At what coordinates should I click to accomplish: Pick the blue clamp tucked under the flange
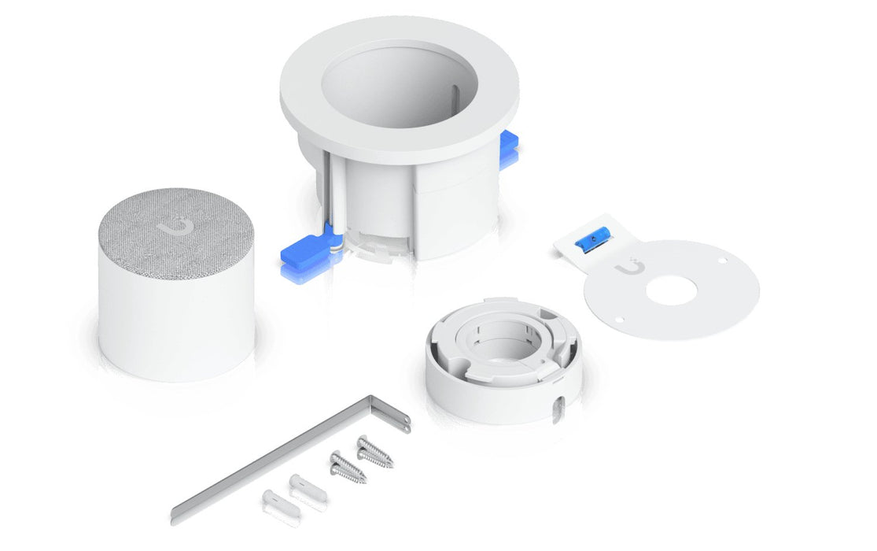click(509, 146)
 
